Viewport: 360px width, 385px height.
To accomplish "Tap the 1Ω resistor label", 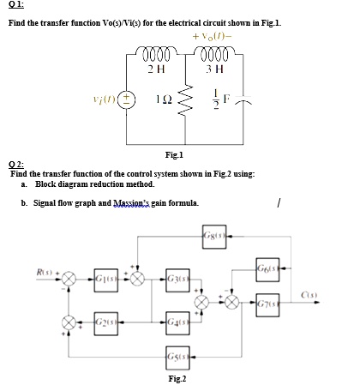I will point(167,99).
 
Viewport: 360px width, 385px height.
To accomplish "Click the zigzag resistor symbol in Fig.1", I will point(194,100).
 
